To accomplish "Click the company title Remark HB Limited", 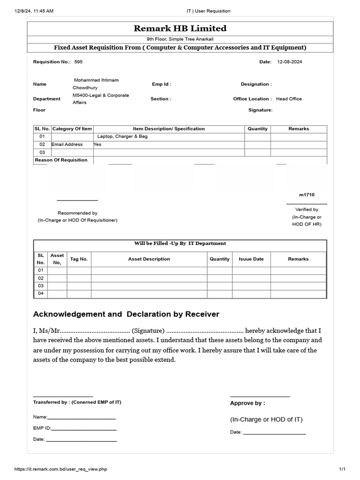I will (180, 28).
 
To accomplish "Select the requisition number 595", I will (78, 62).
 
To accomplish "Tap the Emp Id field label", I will (161, 84).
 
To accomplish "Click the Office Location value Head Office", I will (289, 99).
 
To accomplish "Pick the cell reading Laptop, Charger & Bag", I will (122, 136).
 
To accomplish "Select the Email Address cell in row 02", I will (67, 144).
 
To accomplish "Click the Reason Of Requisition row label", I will (61, 160).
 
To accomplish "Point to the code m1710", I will (307, 195).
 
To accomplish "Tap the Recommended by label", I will (77, 213).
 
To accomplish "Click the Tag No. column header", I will (79, 259).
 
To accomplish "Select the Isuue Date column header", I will (251, 259).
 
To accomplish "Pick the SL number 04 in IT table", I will (40, 293).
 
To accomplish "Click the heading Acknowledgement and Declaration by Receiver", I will (126, 314).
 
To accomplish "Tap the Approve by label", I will (247, 403).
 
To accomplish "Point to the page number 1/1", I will (342, 469).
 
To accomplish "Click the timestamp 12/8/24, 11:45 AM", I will (34, 11).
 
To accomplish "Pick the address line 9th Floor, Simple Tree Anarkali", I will (180, 39).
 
